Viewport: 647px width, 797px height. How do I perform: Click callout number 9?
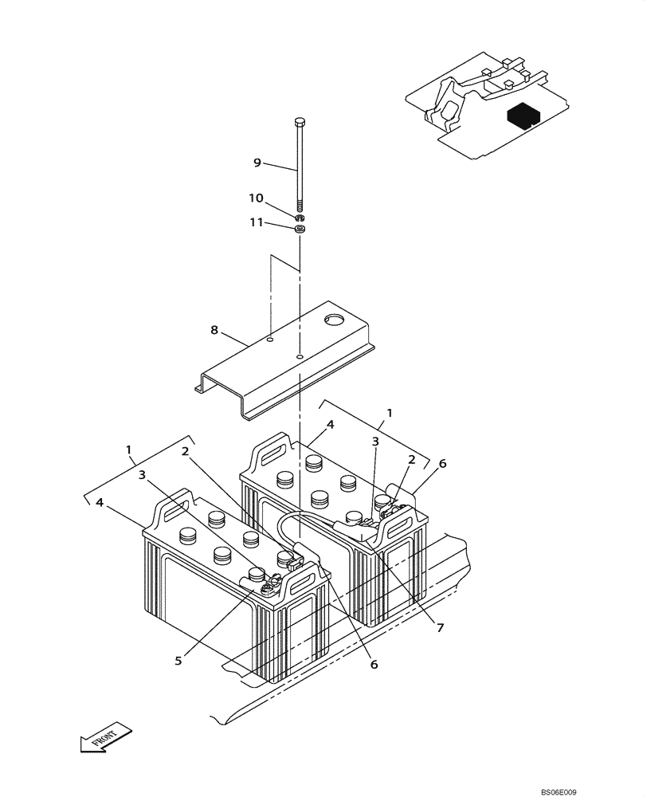(x=257, y=163)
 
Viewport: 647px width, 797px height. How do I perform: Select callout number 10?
(x=255, y=198)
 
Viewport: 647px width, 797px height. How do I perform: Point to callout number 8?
(x=214, y=329)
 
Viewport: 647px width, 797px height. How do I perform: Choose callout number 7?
(x=440, y=627)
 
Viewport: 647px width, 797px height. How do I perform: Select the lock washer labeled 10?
(x=300, y=218)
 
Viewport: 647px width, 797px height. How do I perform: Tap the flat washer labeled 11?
(x=300, y=230)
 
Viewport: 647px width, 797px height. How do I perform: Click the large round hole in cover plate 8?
(x=333, y=321)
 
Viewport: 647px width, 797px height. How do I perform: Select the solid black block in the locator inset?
(x=523, y=116)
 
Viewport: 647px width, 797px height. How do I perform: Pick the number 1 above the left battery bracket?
(x=129, y=450)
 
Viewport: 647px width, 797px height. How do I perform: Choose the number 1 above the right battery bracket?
(x=390, y=412)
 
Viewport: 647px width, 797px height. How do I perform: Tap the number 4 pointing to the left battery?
(x=100, y=502)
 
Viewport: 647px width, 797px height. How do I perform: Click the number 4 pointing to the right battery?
(x=330, y=425)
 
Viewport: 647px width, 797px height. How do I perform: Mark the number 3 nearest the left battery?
(x=143, y=476)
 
